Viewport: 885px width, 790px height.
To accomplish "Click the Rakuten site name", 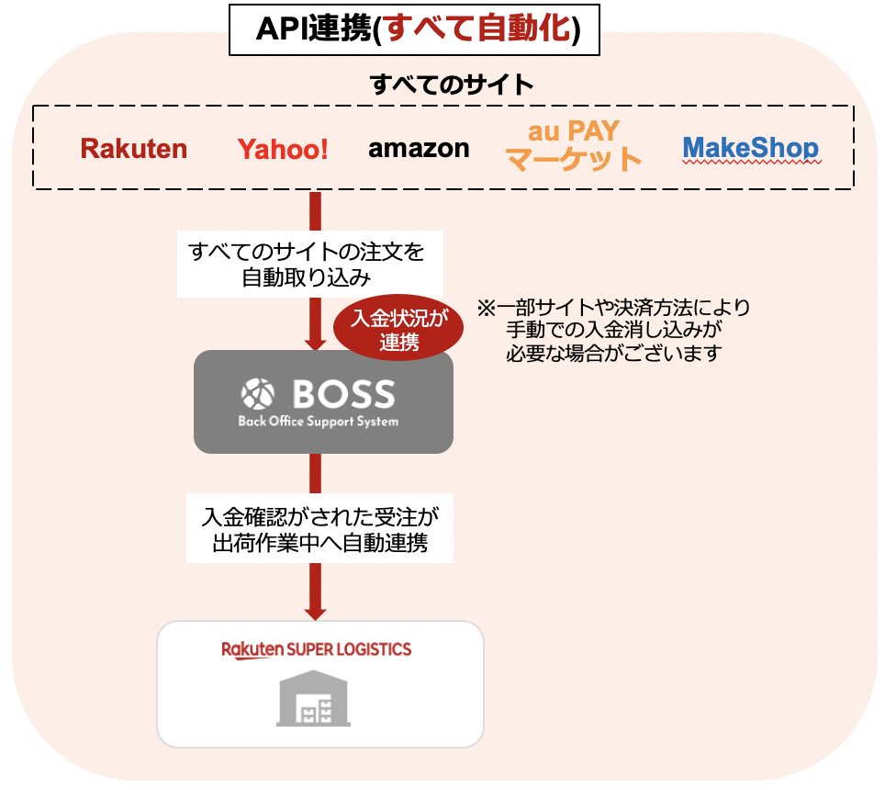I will point(134,149).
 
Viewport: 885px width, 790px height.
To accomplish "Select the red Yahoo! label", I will point(283,150).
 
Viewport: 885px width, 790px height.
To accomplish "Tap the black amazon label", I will point(419,148).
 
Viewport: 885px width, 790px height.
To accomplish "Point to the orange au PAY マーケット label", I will point(574,145).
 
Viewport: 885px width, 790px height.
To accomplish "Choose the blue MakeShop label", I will point(751,148).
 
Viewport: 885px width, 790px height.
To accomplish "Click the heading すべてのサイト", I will point(452,85).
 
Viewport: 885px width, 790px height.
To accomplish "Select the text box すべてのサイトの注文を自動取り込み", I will point(309,264).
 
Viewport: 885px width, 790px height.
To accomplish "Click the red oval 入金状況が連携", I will point(398,331).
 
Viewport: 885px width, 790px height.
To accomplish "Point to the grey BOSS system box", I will point(323,401).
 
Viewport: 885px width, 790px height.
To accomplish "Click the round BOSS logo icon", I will point(257,394).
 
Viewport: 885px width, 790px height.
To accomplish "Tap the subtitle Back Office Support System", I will point(319,422).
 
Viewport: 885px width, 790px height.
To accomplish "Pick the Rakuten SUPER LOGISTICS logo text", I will point(317,649).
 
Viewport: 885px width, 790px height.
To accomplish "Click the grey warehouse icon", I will point(313,701).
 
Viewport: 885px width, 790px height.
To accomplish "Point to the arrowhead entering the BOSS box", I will point(315,341).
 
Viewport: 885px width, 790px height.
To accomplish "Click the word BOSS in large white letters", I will point(343,395).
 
